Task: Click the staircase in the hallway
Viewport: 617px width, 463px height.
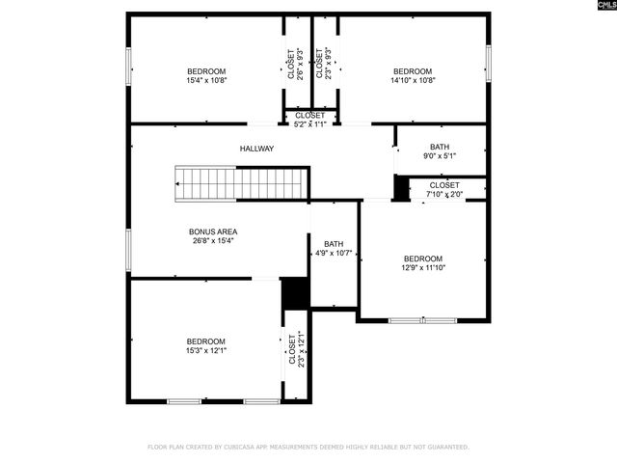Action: tap(240, 181)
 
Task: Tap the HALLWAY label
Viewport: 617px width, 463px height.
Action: tap(257, 149)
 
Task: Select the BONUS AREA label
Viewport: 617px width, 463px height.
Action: tap(213, 231)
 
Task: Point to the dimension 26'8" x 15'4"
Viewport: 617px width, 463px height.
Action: tap(213, 241)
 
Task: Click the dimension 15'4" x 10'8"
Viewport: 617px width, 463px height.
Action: tap(206, 81)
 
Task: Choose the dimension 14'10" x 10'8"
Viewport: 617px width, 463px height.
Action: tap(412, 81)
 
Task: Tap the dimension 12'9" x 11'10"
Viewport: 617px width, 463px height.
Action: tap(422, 268)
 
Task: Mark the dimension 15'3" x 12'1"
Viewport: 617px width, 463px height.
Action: tap(205, 351)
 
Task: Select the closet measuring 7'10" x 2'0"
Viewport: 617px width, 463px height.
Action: tap(444, 189)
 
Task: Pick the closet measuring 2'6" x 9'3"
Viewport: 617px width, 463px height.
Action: tap(292, 64)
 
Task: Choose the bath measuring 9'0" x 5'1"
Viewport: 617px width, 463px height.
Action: tap(439, 151)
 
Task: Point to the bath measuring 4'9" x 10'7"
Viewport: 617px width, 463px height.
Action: tap(334, 249)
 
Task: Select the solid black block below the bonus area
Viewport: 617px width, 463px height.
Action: tap(293, 293)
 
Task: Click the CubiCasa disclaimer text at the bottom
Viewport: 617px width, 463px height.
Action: tap(308, 447)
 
